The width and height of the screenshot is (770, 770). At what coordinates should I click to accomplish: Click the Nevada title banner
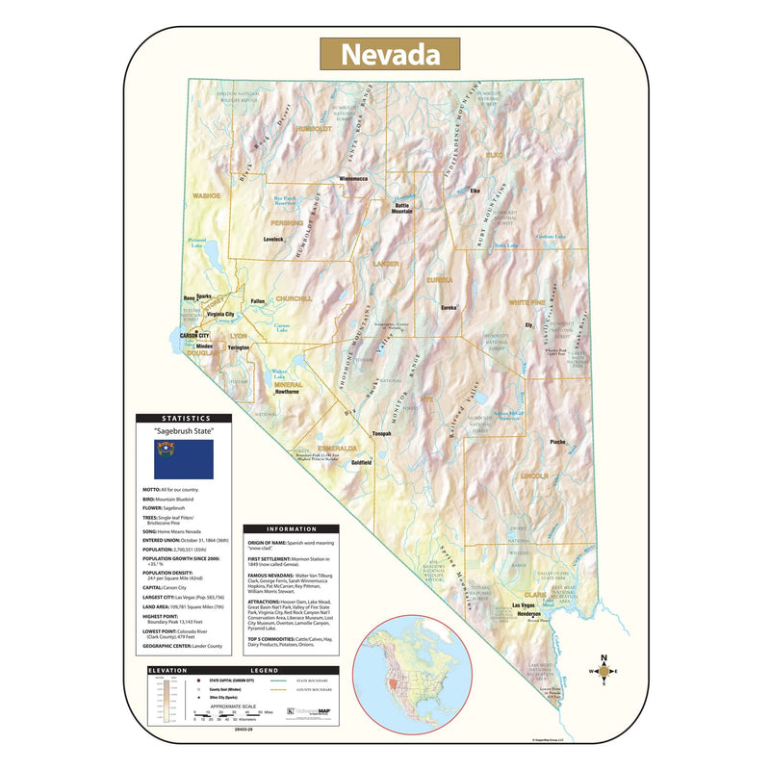pyautogui.click(x=390, y=54)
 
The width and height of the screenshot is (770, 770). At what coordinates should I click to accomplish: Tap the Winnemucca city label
pyautogui.click(x=353, y=178)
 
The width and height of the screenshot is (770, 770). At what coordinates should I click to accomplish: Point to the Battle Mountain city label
pyautogui.click(x=400, y=208)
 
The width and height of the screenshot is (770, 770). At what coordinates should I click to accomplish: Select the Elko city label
pyautogui.click(x=475, y=191)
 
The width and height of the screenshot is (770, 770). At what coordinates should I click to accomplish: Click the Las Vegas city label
pyautogui.click(x=522, y=605)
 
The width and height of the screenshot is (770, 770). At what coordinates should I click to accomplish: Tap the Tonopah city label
pyautogui.click(x=382, y=434)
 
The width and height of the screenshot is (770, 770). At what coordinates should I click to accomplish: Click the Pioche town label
pyautogui.click(x=557, y=442)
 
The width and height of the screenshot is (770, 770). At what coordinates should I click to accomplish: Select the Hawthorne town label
pyautogui.click(x=287, y=392)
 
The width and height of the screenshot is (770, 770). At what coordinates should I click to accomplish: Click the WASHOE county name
pyautogui.click(x=207, y=195)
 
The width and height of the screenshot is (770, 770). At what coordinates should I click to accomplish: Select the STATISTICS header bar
pyautogui.click(x=184, y=419)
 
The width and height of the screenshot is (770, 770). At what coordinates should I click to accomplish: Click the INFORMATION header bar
pyautogui.click(x=294, y=528)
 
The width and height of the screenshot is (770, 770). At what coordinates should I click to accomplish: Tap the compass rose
pyautogui.click(x=603, y=672)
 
